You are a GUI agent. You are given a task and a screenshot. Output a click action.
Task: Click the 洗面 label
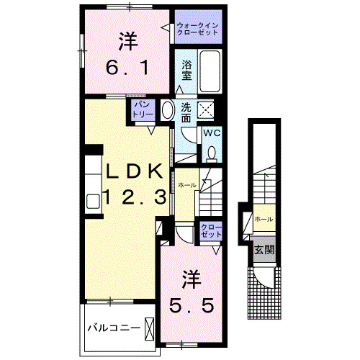(x=186, y=112)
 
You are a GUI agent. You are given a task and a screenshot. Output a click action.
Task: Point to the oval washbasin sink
(x=167, y=110)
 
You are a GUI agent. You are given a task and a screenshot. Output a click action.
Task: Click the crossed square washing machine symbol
(x=207, y=109)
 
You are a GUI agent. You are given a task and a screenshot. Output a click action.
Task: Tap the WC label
(x=211, y=133)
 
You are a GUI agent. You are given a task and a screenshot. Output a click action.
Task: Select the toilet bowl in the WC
(x=212, y=152)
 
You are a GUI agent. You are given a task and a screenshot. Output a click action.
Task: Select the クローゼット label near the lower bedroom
(x=212, y=231)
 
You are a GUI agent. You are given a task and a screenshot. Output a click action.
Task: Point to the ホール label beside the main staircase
(x=187, y=185)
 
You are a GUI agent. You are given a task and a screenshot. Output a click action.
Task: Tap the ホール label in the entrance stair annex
(x=263, y=219)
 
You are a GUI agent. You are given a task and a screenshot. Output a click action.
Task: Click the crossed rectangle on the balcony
(x=150, y=328)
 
